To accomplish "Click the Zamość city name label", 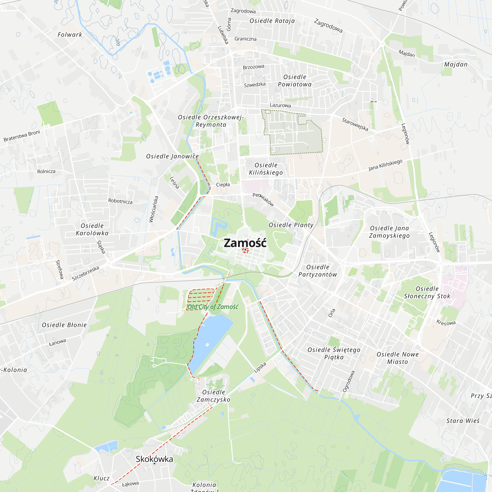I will pyautogui.click(x=245, y=243).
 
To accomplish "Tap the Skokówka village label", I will pyautogui.click(x=154, y=459).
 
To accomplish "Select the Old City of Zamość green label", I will pyautogui.click(x=213, y=307).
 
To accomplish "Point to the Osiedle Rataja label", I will pyautogui.click(x=272, y=21).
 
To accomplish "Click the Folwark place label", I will pyautogui.click(x=70, y=35).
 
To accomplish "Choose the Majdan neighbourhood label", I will pyautogui.click(x=456, y=64).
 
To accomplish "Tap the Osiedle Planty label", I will pyautogui.click(x=291, y=225).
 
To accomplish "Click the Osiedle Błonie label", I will pyautogui.click(x=64, y=325).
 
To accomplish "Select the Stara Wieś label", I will pyautogui.click(x=463, y=421).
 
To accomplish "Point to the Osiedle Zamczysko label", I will pyautogui.click(x=213, y=396).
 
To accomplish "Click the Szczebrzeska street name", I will pyautogui.click(x=85, y=273).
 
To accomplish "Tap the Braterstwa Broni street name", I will pyautogui.click(x=22, y=136).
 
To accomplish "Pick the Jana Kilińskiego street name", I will pyautogui.click(x=385, y=165).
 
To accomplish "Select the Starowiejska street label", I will pyautogui.click(x=355, y=124).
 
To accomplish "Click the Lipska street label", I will pyautogui.click(x=260, y=367).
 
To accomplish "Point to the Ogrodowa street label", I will pyautogui.click(x=349, y=381).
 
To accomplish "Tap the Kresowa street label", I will pyautogui.click(x=446, y=323).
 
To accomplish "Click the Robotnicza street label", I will pyautogui.click(x=120, y=201).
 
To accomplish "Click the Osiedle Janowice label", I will pyautogui.click(x=172, y=156).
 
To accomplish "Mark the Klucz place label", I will pyautogui.click(x=101, y=478).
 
